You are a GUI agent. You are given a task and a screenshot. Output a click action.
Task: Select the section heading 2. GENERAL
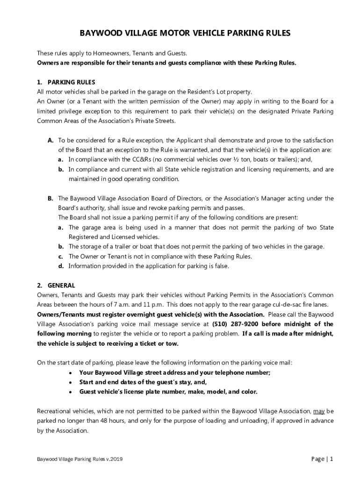56,285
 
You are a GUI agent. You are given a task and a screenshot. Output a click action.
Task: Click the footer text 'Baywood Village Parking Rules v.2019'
80,459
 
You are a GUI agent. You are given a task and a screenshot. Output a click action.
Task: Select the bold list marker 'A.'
50,140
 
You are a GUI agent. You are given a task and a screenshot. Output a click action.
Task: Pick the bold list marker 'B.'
50,198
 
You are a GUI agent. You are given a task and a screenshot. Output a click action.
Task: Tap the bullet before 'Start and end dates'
70,382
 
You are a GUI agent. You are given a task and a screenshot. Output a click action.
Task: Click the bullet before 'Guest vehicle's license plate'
70,392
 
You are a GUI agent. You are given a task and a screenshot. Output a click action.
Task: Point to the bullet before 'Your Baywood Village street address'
70,373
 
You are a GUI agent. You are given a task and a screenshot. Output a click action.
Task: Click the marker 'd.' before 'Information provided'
61,266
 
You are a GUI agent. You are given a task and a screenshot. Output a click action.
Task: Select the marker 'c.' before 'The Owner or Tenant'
61,256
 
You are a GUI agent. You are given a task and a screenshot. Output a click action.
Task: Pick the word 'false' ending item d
220,266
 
